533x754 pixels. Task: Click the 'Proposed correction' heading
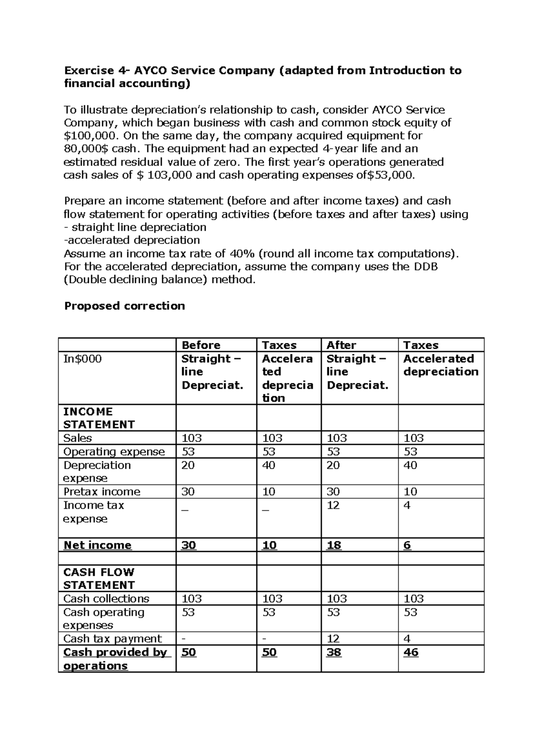(124, 306)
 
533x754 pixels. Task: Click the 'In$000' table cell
(82, 359)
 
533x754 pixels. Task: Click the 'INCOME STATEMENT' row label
(99, 418)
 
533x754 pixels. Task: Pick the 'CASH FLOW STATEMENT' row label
(99, 578)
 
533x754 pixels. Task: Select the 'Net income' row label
(97, 545)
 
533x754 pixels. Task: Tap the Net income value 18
(334, 545)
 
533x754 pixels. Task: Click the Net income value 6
(407, 545)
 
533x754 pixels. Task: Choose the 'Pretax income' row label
(102, 492)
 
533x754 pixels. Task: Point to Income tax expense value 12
(333, 505)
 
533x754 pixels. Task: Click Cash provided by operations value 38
(334, 652)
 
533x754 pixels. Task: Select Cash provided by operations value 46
(411, 652)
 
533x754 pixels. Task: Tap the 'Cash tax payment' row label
(112, 639)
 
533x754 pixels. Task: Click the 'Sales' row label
(77, 438)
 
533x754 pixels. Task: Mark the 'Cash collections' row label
(106, 599)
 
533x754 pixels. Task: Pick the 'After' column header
(341, 345)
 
